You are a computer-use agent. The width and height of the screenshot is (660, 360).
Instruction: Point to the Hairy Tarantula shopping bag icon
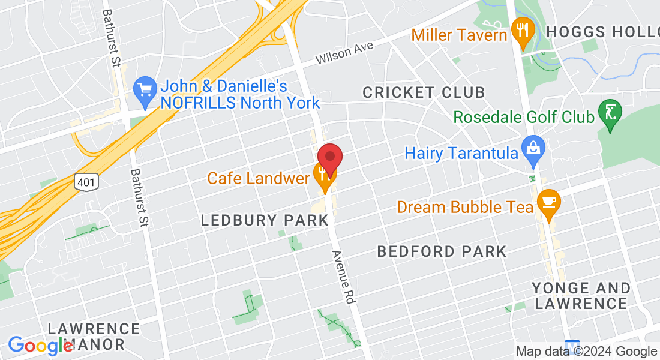pos(532,152)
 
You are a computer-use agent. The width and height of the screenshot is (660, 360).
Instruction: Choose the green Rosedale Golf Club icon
pos(610,113)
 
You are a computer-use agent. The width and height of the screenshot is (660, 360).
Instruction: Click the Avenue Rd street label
pos(342,277)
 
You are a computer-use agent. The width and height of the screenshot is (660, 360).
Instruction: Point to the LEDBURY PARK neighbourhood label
pos(265,220)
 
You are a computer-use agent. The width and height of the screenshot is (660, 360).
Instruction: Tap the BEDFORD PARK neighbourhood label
pos(442,251)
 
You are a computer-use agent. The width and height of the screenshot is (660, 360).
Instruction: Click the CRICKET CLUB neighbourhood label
pos(424,92)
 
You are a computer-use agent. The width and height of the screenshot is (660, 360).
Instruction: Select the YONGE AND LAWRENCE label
pos(581,296)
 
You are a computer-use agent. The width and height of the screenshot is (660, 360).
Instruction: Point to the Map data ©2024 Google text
pos(586,352)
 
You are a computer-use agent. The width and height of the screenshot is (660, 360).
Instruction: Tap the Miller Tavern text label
pos(459,35)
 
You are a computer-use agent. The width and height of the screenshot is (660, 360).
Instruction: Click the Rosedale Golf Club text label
pos(524,116)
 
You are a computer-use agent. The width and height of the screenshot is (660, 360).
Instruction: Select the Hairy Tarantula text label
pos(460,153)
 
